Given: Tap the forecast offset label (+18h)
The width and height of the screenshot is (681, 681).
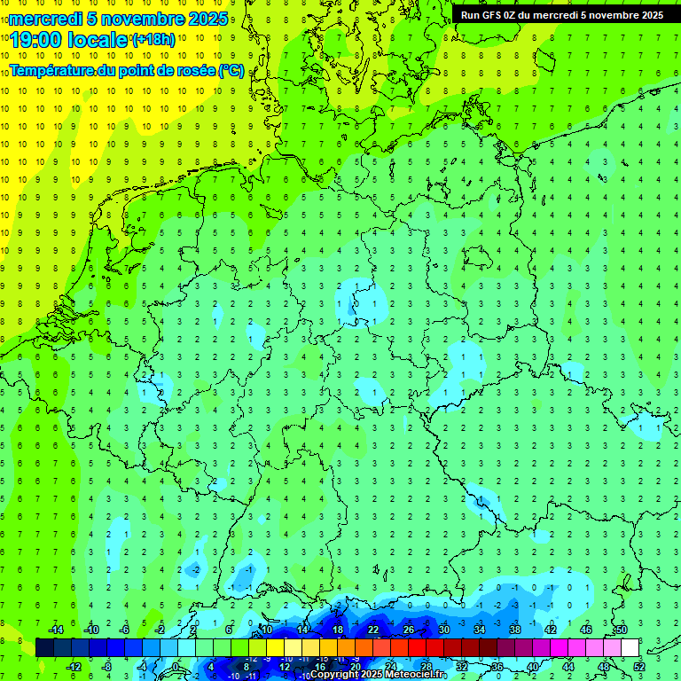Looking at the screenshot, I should tap(153, 40).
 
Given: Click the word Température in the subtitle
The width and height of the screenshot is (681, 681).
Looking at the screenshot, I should tap(50, 71).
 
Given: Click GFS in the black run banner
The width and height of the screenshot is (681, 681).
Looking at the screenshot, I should tap(496, 15).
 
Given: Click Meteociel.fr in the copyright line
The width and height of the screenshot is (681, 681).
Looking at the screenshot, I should tap(422, 675).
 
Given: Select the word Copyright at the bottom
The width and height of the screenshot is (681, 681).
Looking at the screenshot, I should tap(335, 675).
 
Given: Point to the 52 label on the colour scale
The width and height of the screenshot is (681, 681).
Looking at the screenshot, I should tap(639, 667).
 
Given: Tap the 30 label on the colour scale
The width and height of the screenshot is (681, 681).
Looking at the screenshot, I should tap(444, 630).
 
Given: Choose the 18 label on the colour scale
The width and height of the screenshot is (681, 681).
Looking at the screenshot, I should tap(338, 630).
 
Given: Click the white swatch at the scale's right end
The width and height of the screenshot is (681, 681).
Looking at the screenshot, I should tap(630, 648).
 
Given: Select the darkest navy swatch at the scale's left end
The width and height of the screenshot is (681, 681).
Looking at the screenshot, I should tap(44, 648).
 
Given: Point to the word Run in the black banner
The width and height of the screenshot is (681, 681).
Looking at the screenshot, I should tap(471, 15).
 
